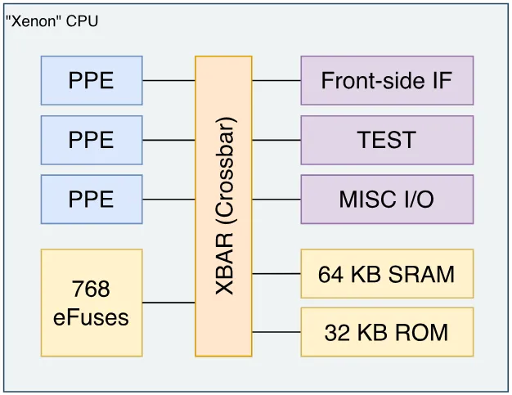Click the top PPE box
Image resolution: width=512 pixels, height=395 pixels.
92,80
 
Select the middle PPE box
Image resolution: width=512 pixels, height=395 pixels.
92,140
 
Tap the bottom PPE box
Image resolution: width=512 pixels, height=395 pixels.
92,199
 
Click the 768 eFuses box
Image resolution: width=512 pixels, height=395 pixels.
92,303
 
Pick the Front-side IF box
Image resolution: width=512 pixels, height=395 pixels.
387,80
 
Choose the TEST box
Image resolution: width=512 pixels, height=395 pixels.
387,140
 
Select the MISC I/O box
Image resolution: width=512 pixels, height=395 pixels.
387,199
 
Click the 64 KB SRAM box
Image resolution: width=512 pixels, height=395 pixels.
387,274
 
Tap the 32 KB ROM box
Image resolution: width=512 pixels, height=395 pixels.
387,332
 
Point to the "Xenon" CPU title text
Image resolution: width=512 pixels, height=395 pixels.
52,21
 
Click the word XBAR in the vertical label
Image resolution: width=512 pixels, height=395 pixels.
224,264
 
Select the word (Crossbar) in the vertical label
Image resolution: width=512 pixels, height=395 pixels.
225,170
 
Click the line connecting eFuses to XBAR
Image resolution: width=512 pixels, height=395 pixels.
168,303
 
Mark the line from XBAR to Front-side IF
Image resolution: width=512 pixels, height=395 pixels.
276,80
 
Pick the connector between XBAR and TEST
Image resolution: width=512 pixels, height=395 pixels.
276,140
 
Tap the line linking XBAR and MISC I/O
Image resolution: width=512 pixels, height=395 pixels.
276,199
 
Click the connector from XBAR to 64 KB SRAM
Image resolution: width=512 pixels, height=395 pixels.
276,274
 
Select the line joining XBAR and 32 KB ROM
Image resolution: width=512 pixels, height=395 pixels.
276,332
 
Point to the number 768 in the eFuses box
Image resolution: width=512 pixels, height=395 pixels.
91,289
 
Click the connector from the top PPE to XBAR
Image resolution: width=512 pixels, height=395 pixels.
168,80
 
